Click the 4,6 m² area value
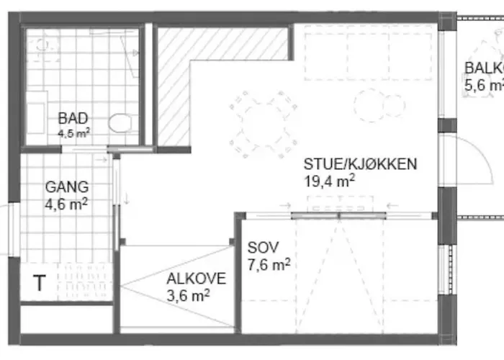tap(66, 204)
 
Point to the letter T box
tap(38, 284)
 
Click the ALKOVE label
tap(196, 279)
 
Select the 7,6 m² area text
tap(269, 264)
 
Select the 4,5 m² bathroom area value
tap(73, 132)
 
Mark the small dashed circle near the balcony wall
tap(369, 104)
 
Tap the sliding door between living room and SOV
tap(338, 214)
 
